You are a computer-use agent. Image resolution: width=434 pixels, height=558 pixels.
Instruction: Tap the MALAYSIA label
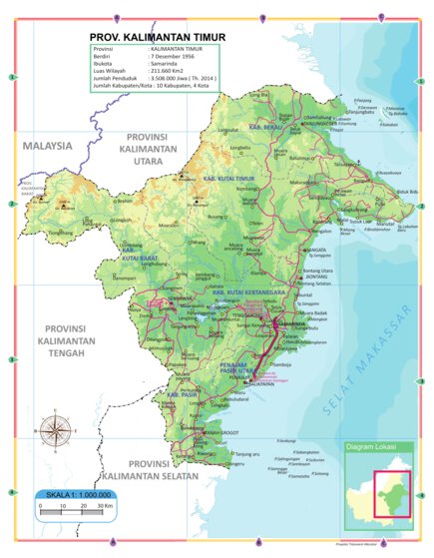coord(48,146)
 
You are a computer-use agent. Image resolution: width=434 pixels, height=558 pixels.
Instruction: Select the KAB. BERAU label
coord(262,130)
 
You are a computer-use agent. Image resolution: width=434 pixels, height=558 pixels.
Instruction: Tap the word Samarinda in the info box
coord(171,64)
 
